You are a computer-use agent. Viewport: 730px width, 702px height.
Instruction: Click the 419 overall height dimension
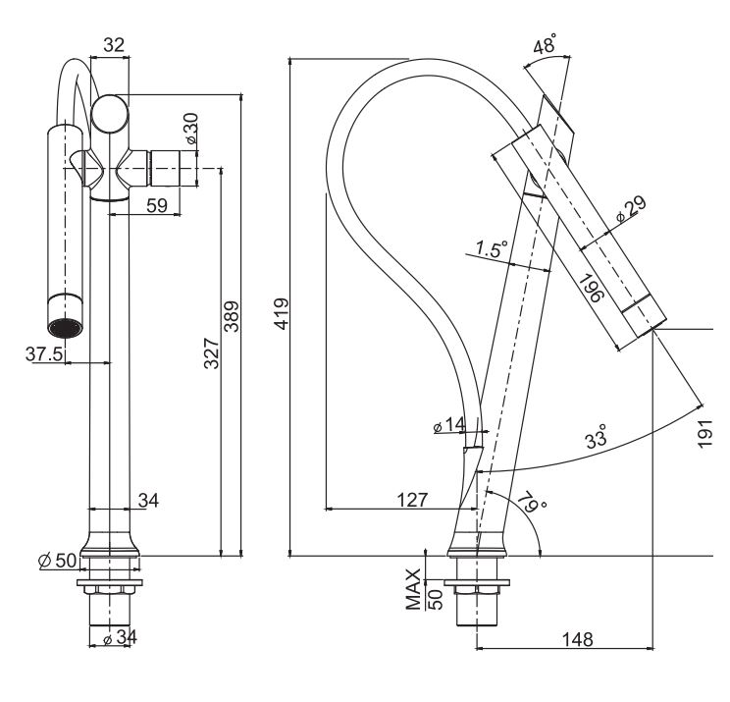(x=280, y=316)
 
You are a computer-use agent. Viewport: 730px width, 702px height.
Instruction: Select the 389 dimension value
(x=233, y=317)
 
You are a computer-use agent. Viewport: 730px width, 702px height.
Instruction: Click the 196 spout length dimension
(x=589, y=293)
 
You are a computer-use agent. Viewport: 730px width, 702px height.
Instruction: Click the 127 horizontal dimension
(x=413, y=500)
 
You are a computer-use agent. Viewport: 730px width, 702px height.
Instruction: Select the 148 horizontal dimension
(x=577, y=639)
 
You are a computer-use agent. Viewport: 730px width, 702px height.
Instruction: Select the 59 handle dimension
(x=155, y=205)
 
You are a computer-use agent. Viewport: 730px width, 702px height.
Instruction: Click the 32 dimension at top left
(x=115, y=44)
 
